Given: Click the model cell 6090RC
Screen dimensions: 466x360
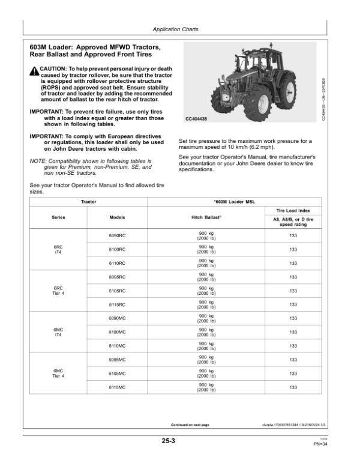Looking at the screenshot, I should pyautogui.click(x=117, y=236).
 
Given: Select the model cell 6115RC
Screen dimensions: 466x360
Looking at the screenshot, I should pyautogui.click(x=117, y=304).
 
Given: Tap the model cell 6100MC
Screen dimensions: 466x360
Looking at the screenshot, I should pyautogui.click(x=117, y=332).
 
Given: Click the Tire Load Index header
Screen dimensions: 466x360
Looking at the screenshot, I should pyautogui.click(x=293, y=211).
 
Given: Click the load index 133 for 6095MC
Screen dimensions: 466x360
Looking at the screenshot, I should pyautogui.click(x=293, y=360).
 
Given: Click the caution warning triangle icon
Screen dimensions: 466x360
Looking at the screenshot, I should pyautogui.click(x=34, y=71).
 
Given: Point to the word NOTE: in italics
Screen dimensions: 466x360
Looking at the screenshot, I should pyautogui.click(x=38, y=162).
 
